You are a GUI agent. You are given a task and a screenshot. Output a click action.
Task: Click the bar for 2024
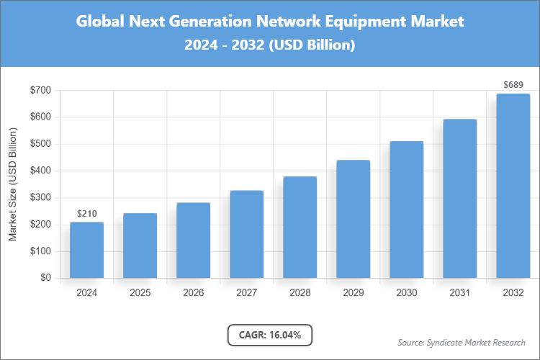coord(87,250)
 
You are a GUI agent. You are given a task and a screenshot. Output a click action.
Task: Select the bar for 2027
coord(247,234)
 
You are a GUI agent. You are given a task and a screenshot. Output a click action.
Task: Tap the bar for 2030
coord(407,210)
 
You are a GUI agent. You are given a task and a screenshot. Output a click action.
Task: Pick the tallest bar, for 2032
coord(513,186)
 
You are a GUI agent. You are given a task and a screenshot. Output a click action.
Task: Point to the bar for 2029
coord(354,219)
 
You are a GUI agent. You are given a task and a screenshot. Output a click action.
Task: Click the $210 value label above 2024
coord(87,214)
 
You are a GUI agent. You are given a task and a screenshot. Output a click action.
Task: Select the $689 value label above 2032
coord(513,85)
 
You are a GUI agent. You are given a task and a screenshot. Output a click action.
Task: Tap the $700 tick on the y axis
coord(40,90)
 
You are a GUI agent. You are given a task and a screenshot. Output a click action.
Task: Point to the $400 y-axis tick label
coord(40,171)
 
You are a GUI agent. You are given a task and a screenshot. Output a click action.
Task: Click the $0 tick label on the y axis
coord(45,278)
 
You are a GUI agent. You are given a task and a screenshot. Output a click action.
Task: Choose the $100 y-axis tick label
coord(40,251)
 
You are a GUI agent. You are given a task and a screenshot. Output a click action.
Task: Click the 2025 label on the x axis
coord(140,293)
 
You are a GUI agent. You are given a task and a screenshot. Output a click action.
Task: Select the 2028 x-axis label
coord(300,293)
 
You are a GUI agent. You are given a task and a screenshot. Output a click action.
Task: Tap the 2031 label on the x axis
coord(460,293)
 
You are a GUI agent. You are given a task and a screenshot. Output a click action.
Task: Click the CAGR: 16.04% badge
coord(270,334)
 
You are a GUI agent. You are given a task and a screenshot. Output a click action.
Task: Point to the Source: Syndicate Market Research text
coord(462,342)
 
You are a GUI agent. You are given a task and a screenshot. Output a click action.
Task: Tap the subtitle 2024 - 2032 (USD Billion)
coord(270,45)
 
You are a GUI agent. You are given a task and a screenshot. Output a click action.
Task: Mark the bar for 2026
coord(194,240)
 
